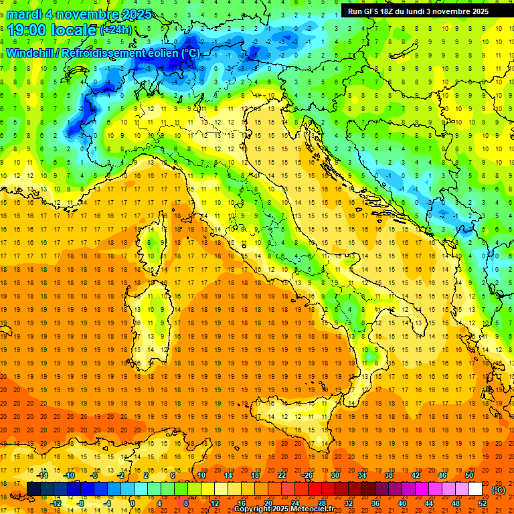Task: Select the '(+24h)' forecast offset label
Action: (x=116, y=30)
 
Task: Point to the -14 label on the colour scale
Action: (x=43, y=475)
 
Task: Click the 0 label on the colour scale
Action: (x=132, y=503)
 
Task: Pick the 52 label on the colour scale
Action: (x=483, y=503)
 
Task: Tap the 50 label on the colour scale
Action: (x=469, y=475)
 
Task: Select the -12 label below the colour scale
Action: (x=56, y=503)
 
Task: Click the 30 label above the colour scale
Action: (x=335, y=475)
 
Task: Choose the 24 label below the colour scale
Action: (x=295, y=503)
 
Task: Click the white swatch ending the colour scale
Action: (x=476, y=489)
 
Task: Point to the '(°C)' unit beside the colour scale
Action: (x=499, y=490)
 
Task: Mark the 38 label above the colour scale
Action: (x=388, y=475)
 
